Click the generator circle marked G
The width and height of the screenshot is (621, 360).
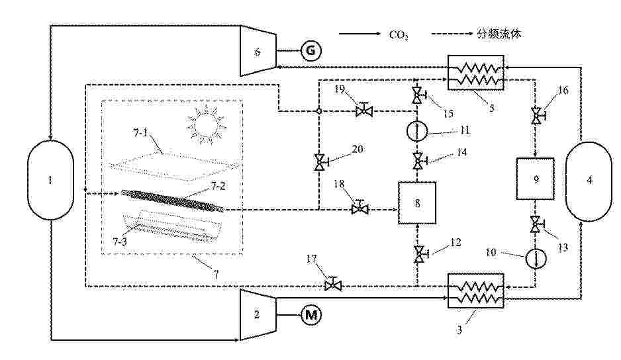[311, 51]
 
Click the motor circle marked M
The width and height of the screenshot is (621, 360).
[311, 315]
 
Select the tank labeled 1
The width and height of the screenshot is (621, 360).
[50, 180]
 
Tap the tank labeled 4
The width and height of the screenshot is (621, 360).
[589, 181]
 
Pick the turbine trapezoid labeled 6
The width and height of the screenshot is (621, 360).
[258, 51]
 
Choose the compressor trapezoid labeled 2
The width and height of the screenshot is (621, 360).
[258, 314]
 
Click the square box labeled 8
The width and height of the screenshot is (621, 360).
[417, 202]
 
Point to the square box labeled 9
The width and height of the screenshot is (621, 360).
[535, 179]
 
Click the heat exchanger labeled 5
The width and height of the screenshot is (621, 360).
[475, 73]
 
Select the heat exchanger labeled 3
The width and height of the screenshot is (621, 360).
[475, 291]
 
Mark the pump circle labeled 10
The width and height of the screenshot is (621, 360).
[536, 259]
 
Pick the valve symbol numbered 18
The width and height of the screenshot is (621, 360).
[360, 207]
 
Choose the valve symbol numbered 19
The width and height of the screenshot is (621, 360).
[364, 110]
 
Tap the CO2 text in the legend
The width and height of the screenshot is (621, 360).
[398, 35]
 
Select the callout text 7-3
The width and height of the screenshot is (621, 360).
[120, 241]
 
